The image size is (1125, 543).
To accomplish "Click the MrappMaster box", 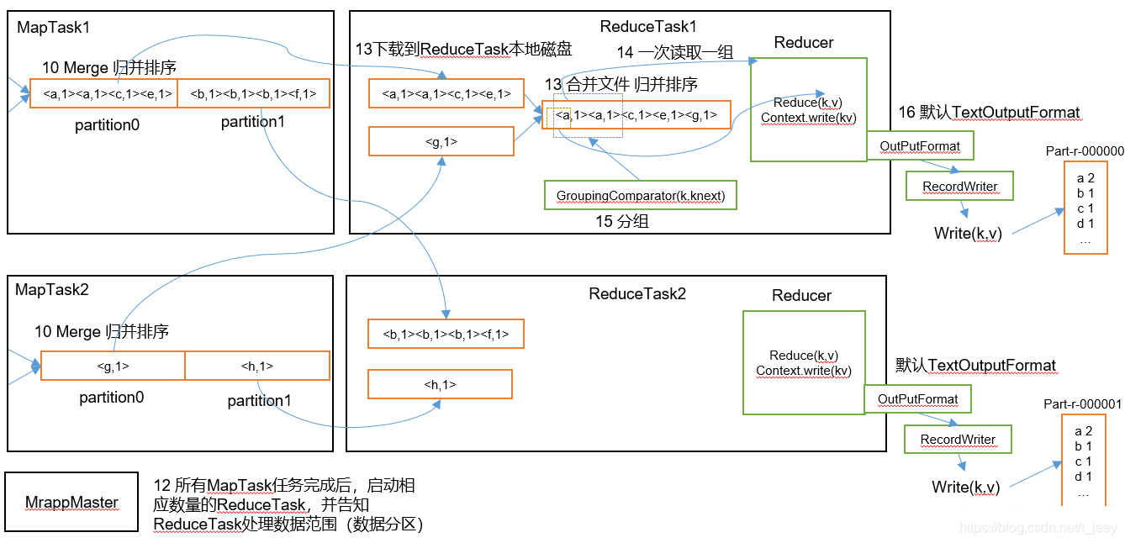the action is tap(71, 501).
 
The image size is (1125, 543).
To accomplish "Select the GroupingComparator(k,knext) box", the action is tap(641, 195).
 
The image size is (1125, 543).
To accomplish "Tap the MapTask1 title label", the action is tap(53, 27).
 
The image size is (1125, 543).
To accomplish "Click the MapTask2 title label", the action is tap(52, 289).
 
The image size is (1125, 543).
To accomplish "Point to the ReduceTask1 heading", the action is tap(648, 26).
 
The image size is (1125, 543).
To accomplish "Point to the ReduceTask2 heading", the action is tap(636, 293).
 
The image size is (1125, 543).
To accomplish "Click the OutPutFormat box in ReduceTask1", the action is tap(920, 145).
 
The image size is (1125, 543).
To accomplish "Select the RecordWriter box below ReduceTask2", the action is tap(958, 439).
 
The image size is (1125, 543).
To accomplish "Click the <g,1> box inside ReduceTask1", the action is tap(441, 141).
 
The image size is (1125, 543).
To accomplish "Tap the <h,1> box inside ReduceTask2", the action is tap(440, 384).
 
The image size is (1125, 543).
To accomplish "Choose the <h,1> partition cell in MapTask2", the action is tap(257, 366).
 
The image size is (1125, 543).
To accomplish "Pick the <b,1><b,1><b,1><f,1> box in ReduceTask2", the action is tap(446, 334).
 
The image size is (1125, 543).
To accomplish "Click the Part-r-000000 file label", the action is tap(1085, 150).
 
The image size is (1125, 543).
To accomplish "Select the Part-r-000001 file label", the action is tap(1082, 403).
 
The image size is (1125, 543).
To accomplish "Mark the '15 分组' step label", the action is tap(621, 221).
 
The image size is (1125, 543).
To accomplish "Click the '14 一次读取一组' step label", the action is tap(675, 52).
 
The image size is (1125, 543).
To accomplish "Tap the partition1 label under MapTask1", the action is tap(252, 122).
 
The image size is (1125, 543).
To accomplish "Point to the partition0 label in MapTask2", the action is tap(112, 398).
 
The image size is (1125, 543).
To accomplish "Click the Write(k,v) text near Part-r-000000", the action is tap(968, 233).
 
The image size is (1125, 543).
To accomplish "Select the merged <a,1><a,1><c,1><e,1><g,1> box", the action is tap(636, 115).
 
